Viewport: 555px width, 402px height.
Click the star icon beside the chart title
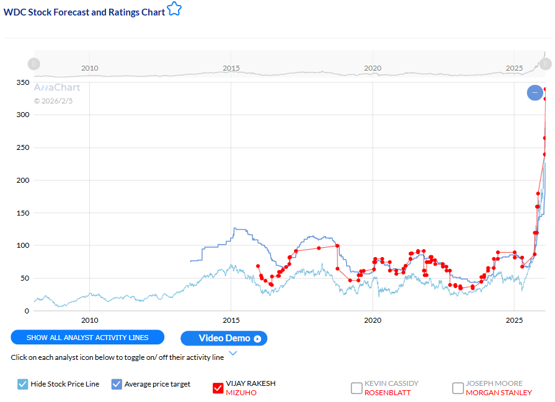pyautogui.click(x=174, y=10)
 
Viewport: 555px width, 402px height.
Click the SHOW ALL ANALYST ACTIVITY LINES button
pyautogui.click(x=87, y=338)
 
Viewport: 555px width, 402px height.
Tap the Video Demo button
pyautogui.click(x=224, y=338)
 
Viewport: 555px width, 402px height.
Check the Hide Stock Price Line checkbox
pyautogui.click(x=23, y=384)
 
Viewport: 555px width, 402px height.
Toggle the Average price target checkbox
pyautogui.click(x=117, y=384)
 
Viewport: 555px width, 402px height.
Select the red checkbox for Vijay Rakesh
pyautogui.click(x=218, y=388)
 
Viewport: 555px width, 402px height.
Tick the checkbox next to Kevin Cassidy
pyautogui.click(x=357, y=388)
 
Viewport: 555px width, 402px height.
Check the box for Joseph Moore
pyautogui.click(x=458, y=388)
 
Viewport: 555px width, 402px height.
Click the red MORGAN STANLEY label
pyautogui.click(x=499, y=393)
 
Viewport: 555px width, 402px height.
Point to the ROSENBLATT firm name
pyautogui.click(x=388, y=393)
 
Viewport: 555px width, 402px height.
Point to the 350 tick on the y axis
pyautogui.click(x=22, y=82)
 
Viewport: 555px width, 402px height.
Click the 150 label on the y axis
pyautogui.click(x=22, y=213)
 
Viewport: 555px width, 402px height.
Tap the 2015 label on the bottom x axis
pyautogui.click(x=231, y=320)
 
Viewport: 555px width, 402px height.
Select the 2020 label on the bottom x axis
pyautogui.click(x=373, y=320)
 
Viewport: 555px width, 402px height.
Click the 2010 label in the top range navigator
pyautogui.click(x=90, y=68)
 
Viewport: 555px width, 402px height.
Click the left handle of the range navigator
pyautogui.click(x=34, y=63)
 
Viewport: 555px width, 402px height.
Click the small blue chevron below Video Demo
pyautogui.click(x=233, y=354)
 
